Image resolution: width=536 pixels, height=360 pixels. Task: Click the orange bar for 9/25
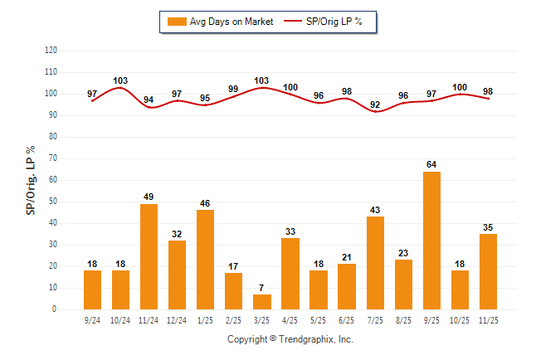(x=431, y=241)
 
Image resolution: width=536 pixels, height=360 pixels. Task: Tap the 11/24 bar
(x=149, y=256)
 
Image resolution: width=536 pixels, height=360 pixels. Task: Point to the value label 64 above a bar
(x=431, y=164)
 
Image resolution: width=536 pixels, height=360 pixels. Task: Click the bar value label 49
(x=149, y=197)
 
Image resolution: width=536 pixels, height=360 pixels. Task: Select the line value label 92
(x=375, y=105)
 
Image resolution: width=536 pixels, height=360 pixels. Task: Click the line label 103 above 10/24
(x=121, y=80)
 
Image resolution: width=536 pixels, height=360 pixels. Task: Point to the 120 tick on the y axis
(x=51, y=51)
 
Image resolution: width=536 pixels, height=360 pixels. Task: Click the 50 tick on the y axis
(x=52, y=202)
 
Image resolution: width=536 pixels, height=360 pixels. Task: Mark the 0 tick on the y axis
(x=55, y=309)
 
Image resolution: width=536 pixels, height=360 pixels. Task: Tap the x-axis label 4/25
(x=290, y=319)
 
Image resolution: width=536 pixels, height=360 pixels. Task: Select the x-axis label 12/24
(x=178, y=319)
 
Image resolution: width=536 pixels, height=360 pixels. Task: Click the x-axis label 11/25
(x=488, y=319)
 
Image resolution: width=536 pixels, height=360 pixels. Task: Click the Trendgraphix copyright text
(x=290, y=339)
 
